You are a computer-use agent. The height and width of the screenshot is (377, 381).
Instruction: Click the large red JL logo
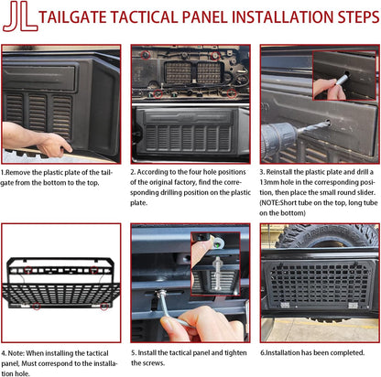pos(20,16)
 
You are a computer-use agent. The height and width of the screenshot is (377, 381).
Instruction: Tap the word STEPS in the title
pos(358,16)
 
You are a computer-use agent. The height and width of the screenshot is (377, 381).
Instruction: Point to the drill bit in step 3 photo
pos(313,126)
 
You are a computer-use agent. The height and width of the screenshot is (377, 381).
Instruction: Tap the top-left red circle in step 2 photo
pos(146,55)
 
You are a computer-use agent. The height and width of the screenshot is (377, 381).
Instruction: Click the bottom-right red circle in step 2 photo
pos(232,93)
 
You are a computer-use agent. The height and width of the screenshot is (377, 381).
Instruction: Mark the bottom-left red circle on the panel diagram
pos(37,306)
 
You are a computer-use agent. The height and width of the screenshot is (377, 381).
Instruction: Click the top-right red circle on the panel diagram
pos(94,270)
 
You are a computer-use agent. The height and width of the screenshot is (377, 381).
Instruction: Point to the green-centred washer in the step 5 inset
pos(217,243)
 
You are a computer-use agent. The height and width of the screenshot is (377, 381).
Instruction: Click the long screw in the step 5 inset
pos(218,273)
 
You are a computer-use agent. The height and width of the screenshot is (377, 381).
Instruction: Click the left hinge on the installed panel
pos(285,305)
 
